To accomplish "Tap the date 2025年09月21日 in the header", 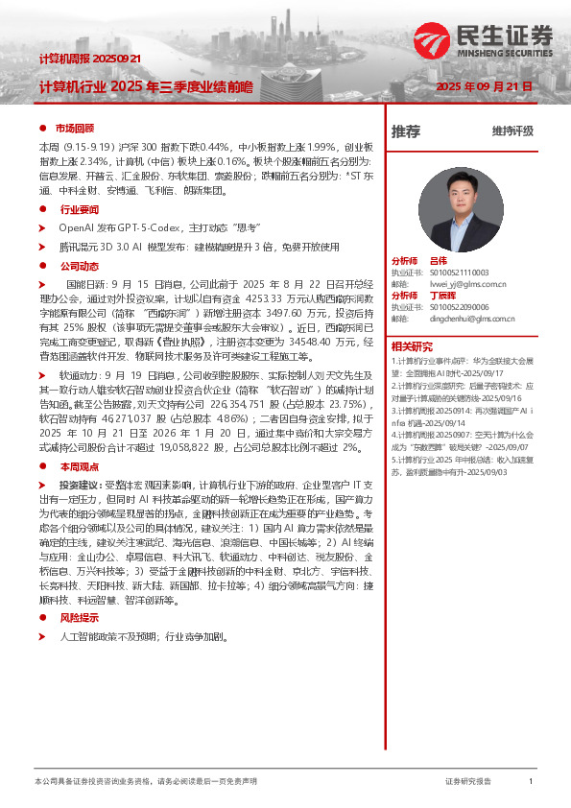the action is coord(485,86).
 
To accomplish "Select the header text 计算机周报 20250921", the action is coord(90,59).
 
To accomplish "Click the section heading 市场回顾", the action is coord(75,128).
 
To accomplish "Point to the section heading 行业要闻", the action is coord(80,209).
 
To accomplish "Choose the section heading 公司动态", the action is coord(80,266).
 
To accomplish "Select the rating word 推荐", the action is coord(406,131).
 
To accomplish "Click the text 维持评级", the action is coord(512,131).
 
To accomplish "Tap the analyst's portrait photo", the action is coord(462,209).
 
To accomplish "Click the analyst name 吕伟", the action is coord(439,261).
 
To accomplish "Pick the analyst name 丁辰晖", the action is coord(442,296).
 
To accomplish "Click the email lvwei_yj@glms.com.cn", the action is coord(468,284).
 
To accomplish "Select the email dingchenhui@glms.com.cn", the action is coord(476,319).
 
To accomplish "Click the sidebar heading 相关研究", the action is coord(412,346).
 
